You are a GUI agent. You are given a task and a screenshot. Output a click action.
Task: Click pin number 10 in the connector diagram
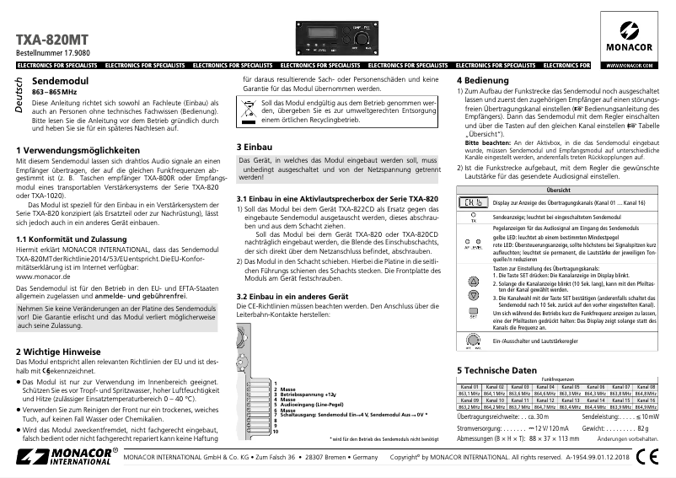tap(275, 432)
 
